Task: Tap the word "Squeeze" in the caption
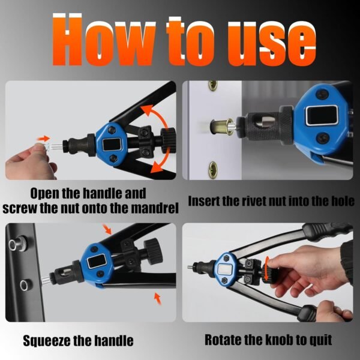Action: pos(47,341)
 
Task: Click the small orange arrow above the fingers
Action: pos(44,139)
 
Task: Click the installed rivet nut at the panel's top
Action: pos(213,85)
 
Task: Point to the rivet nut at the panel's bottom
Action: pos(213,169)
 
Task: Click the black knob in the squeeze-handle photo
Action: pos(154,252)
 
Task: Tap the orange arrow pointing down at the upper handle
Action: pos(107,229)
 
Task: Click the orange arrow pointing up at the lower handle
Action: pos(157,299)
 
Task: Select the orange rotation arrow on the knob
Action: pos(266,269)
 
